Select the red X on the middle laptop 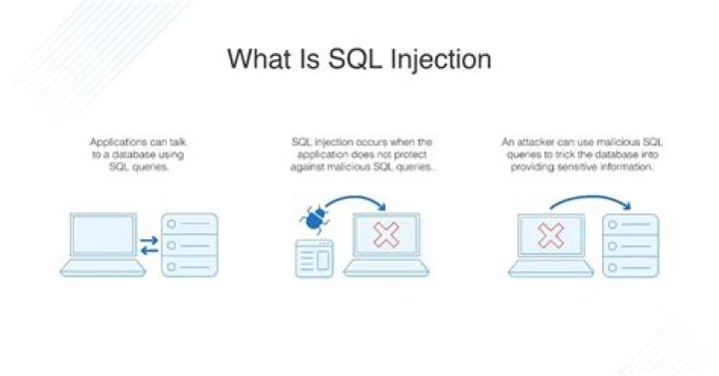[384, 235]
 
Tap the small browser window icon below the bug [314, 258]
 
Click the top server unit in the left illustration [189, 224]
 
